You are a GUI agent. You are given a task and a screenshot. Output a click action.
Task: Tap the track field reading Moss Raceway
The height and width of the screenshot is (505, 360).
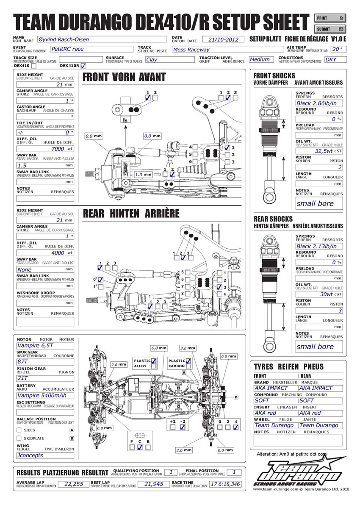227,50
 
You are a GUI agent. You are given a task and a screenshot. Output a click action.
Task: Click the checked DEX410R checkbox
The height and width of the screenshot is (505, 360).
83,66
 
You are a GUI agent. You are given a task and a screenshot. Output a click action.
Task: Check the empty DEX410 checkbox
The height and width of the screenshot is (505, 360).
33,66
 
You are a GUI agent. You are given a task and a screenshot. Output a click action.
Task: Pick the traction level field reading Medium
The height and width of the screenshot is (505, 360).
260,60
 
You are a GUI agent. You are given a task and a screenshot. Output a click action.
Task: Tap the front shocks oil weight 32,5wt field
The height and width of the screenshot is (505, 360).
324,150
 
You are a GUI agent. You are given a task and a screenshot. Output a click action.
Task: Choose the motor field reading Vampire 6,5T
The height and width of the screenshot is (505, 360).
45,346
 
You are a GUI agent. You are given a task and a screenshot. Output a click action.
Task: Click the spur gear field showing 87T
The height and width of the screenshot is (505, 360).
45,362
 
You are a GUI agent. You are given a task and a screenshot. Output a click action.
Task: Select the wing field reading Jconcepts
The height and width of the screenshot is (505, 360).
45,455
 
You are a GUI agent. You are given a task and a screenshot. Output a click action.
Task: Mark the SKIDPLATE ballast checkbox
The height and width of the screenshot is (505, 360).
19,438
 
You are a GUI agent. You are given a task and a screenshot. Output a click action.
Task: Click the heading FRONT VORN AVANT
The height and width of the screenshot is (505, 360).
124,78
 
